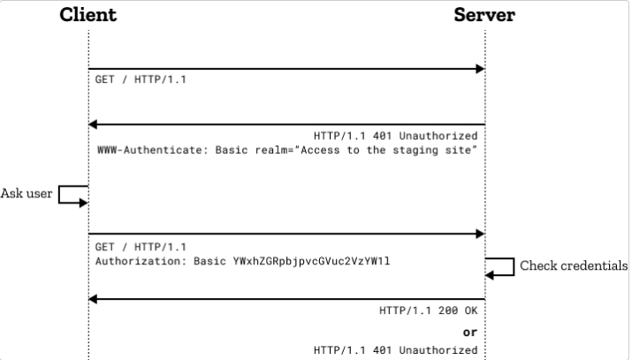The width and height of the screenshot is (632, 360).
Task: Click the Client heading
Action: coord(88,15)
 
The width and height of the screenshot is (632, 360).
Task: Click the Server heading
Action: coord(484,15)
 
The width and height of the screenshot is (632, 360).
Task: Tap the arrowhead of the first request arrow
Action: coord(480,69)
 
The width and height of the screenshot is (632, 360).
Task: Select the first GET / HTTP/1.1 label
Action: coord(141,80)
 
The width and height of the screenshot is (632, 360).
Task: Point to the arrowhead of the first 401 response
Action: coord(93,125)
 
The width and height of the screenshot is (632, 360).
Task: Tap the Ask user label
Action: coord(27,194)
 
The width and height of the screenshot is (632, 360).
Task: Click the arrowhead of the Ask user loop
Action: coord(83,203)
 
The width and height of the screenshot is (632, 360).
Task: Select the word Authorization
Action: coord(138,261)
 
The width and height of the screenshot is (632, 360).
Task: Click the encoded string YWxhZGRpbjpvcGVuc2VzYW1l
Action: coord(311,261)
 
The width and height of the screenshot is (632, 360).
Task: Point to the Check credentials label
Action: coord(574,265)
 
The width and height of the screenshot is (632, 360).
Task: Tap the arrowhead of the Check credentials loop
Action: coord(490,275)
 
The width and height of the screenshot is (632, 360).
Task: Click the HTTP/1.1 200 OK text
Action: coord(429,310)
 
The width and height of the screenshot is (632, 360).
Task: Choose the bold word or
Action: coord(470,333)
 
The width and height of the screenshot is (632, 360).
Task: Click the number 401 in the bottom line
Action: coord(383,350)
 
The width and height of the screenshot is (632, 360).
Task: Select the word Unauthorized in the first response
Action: coord(438,136)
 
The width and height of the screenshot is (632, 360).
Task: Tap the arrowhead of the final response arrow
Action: coord(93,299)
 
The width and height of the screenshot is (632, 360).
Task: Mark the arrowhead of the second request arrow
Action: coord(480,234)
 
